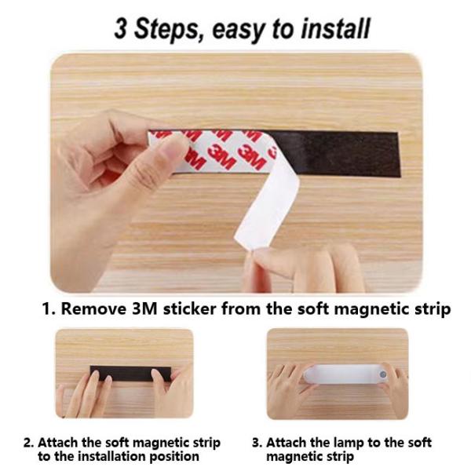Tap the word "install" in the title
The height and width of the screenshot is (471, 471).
(335, 28)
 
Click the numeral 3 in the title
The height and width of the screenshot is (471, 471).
(121, 28)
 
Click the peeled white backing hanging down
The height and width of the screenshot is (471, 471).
(268, 204)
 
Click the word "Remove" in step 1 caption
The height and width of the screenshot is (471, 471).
(93, 309)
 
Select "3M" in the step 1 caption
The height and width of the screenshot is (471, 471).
(144, 309)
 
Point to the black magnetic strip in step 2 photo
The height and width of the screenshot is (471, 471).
(130, 374)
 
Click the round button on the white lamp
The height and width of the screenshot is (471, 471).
(383, 374)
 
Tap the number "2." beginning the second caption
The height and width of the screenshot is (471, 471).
(29, 443)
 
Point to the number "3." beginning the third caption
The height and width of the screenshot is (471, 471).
(257, 443)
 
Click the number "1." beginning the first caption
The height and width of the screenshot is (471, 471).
(49, 309)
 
